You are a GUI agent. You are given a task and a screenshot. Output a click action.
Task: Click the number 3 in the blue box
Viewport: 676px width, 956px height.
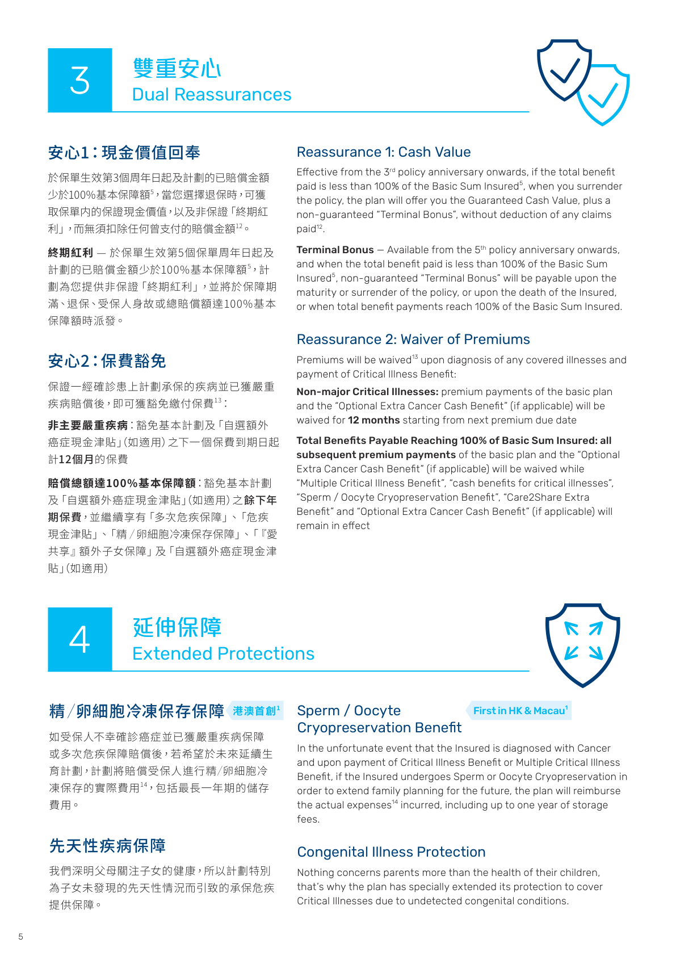(79, 81)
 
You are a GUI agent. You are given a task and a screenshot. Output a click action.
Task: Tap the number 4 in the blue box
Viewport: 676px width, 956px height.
(79, 640)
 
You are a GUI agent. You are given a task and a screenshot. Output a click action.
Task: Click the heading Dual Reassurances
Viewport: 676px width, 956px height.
(212, 94)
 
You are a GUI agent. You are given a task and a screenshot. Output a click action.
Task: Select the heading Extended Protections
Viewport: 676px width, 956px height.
(223, 653)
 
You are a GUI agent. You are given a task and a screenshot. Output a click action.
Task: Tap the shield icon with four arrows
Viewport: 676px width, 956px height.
(582, 644)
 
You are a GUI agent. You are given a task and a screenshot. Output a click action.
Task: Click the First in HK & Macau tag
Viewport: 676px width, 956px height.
(519, 711)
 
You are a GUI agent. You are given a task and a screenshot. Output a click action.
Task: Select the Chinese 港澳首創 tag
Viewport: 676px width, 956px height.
(255, 711)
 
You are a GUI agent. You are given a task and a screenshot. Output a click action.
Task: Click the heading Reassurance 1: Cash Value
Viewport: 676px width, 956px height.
(384, 152)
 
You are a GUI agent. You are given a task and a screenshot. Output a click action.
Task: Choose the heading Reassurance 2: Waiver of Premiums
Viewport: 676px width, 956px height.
(413, 339)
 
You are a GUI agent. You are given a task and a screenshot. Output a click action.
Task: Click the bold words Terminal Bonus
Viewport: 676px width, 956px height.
(335, 250)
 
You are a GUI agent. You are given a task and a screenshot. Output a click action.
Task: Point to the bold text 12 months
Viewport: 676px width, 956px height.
(373, 420)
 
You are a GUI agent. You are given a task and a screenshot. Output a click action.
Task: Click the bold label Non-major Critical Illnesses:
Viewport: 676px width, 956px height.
(367, 392)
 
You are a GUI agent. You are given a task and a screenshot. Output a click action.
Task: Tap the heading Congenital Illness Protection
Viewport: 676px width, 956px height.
(391, 852)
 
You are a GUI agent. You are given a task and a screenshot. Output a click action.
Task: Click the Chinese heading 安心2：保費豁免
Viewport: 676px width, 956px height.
(107, 361)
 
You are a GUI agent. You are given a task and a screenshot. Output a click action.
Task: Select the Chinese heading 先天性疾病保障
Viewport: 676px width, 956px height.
(107, 846)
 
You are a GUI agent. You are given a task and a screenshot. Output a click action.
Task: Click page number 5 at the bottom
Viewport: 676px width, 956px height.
(21, 937)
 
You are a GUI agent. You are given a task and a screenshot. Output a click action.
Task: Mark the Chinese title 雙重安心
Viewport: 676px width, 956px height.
(177, 69)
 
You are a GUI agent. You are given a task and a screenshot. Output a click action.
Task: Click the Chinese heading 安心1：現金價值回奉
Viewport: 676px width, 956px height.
(124, 153)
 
